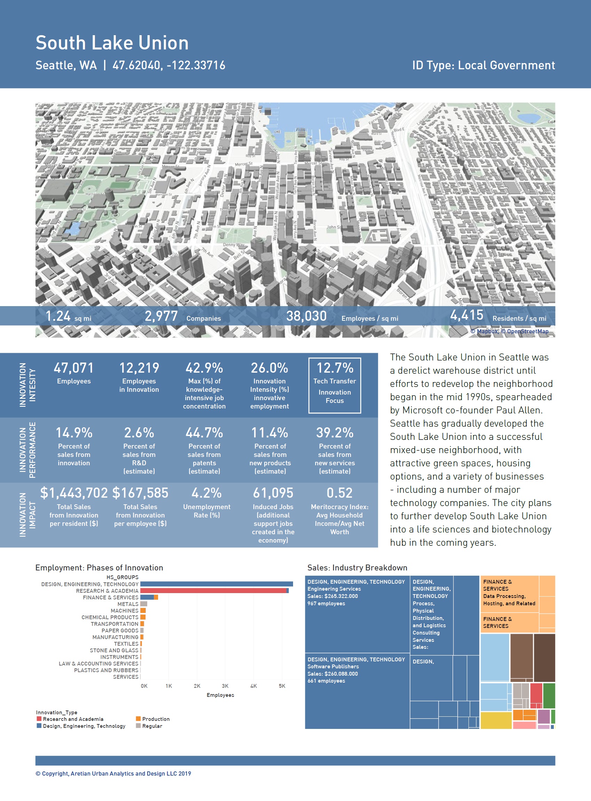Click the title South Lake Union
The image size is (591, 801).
click(112, 43)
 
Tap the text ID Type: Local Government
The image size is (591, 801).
click(483, 65)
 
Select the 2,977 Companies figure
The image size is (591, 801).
click(161, 316)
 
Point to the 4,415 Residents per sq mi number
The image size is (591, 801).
click(466, 315)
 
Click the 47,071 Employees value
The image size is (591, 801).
click(74, 368)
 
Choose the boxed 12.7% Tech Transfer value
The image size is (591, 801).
click(334, 368)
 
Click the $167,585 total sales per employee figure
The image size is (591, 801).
click(140, 493)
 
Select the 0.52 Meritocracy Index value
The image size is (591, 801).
click(339, 493)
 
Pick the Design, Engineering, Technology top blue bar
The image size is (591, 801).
click(216, 584)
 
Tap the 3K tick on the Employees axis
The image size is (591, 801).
click(225, 686)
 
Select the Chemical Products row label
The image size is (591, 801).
click(110, 617)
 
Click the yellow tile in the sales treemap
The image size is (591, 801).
click(496, 720)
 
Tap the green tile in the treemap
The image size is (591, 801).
click(549, 695)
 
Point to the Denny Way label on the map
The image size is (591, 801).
click(234, 245)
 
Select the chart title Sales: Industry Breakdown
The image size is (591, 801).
click(357, 568)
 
